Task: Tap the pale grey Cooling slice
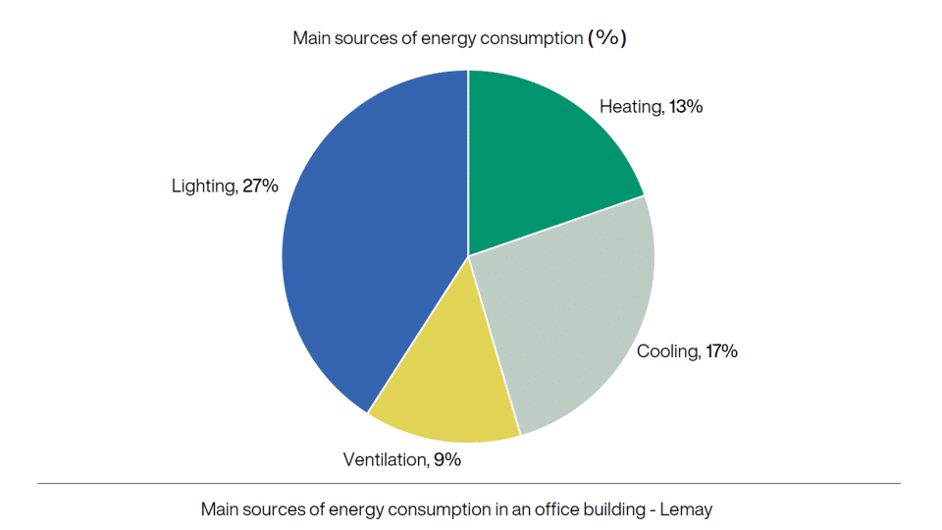pos(569,314)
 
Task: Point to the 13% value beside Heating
pos(685,107)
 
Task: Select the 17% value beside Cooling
pos(720,350)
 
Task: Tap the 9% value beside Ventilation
pos(445,458)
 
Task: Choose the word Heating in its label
pos(631,107)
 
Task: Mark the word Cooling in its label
pos(667,350)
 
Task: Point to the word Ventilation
pos(385,458)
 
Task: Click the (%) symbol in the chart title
pos(606,38)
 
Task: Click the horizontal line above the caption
pos(469,484)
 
